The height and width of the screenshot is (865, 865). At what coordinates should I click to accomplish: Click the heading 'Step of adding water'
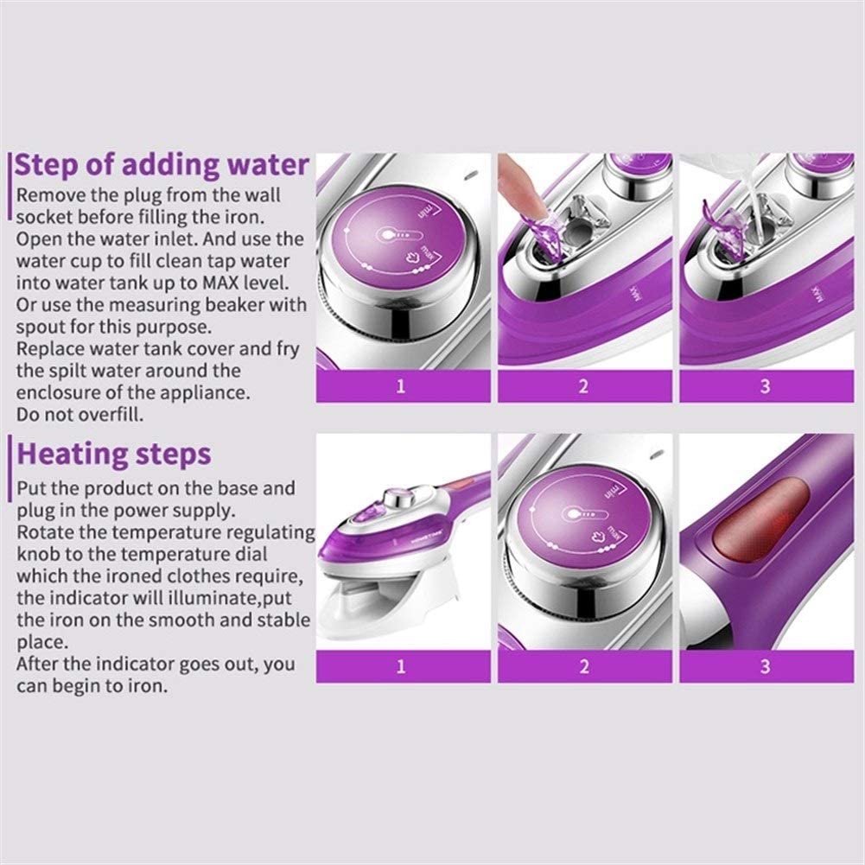point(161,165)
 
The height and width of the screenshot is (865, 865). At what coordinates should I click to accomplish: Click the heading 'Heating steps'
point(114,455)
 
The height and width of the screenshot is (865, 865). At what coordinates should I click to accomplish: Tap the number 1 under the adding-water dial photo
point(401,386)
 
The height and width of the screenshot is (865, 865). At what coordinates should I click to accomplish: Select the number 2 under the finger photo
point(583,386)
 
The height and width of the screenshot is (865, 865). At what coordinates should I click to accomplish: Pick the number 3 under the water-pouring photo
point(765,386)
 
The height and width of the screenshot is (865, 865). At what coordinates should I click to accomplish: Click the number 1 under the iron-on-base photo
point(401,666)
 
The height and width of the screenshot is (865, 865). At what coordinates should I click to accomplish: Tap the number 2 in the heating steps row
point(583,666)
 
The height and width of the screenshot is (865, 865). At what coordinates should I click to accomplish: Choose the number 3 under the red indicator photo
point(765,666)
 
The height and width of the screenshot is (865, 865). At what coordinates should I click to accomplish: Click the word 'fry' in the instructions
point(287,350)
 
